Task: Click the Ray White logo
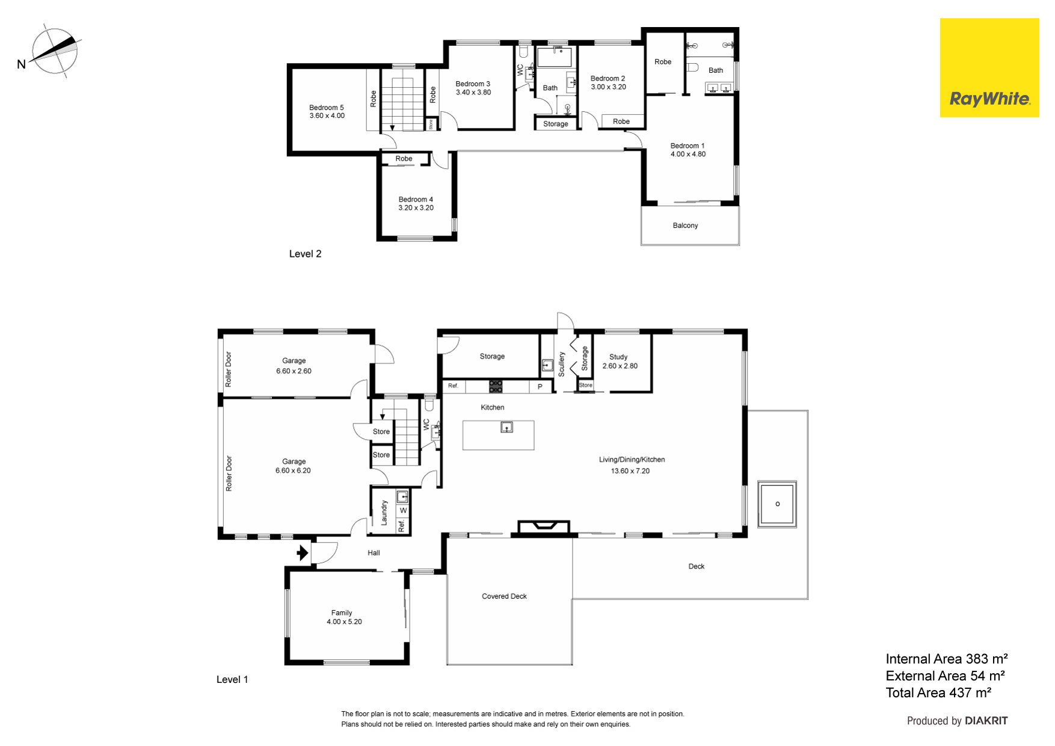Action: [989, 67]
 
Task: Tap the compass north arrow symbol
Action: [55, 51]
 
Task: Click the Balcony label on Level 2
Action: [685, 226]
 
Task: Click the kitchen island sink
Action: [507, 427]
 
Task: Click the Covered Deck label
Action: [504, 596]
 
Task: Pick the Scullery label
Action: [561, 365]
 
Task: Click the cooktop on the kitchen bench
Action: [496, 386]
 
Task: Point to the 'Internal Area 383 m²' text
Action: [947, 659]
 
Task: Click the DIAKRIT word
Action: [986, 721]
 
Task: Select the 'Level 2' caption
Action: [305, 254]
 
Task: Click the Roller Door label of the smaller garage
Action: [229, 369]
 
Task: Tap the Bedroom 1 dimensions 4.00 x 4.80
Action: [688, 154]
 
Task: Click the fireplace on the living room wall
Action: [544, 527]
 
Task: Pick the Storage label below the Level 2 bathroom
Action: [555, 124]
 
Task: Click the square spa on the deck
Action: [777, 504]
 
